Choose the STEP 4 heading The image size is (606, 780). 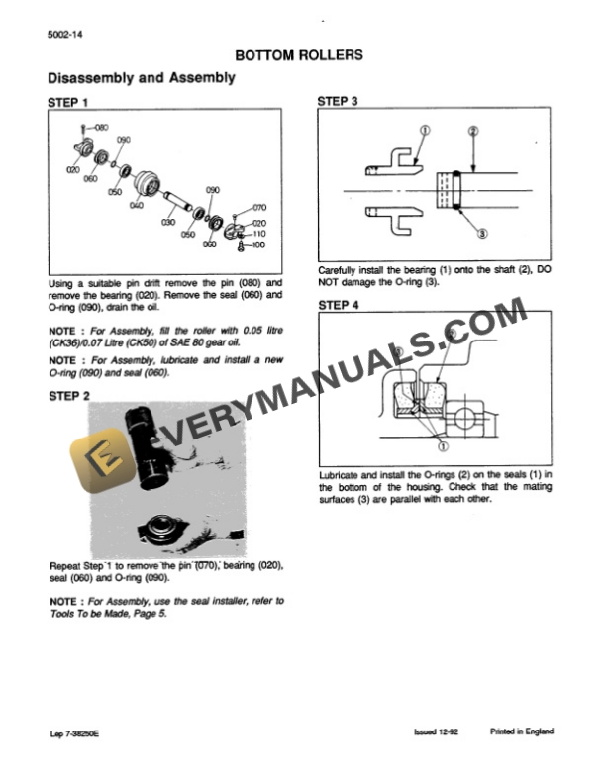pos(338,306)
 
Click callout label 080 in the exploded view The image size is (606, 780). pos(102,128)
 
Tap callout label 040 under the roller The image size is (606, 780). pos(136,205)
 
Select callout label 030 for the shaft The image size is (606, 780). pos(168,224)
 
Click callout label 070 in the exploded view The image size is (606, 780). pos(259,208)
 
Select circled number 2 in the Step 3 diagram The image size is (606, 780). pos(472,131)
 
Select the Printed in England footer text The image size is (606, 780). pos(521,731)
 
